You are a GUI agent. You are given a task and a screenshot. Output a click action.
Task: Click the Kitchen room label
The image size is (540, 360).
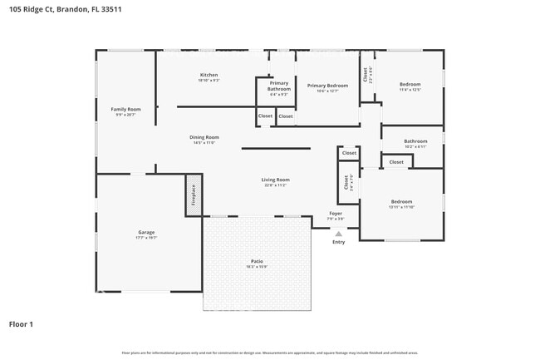(209, 76)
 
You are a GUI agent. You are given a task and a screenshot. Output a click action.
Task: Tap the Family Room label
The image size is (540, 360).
(126, 110)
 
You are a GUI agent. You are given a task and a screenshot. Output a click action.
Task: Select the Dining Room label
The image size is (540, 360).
(204, 137)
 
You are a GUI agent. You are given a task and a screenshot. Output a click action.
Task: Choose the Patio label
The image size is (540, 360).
(256, 262)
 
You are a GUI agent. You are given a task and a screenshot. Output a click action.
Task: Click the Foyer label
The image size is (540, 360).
(336, 214)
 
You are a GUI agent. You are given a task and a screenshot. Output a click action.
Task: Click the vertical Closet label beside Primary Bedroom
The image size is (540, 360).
(365, 76)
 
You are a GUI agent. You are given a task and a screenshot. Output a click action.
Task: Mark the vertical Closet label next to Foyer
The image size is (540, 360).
(346, 183)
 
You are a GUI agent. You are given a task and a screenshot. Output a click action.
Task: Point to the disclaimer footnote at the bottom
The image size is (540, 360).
(270, 353)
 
